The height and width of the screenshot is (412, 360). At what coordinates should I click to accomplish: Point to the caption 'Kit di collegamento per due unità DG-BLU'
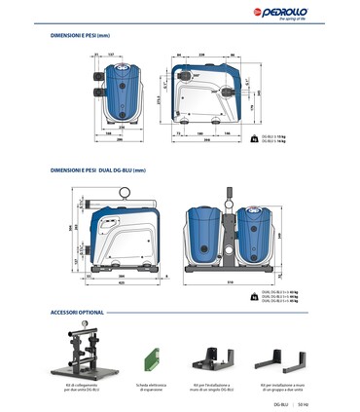coord(88,387)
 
